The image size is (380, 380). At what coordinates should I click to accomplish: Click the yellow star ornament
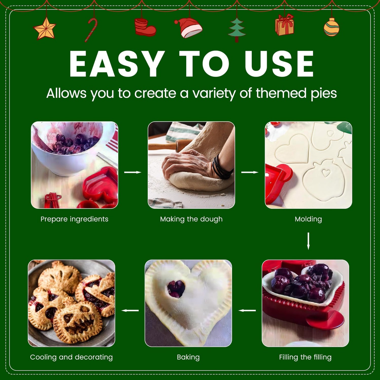(45, 29)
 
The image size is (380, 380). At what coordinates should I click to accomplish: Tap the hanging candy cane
(91, 30)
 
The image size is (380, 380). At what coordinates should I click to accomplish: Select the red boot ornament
(145, 27)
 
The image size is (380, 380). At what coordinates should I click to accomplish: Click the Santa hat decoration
(189, 28)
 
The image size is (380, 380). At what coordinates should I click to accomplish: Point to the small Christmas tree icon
(237, 30)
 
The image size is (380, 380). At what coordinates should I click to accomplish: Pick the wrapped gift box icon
(284, 25)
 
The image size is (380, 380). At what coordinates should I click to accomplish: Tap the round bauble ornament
(331, 27)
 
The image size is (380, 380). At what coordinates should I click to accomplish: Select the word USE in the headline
(279, 64)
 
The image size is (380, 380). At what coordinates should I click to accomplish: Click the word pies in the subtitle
(324, 93)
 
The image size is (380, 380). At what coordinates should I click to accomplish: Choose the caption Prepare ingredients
(74, 219)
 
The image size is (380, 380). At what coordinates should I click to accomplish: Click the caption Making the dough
(191, 219)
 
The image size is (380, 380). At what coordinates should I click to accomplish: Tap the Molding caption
(308, 219)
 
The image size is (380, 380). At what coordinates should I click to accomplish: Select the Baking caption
(188, 357)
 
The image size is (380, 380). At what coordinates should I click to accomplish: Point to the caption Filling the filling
(305, 357)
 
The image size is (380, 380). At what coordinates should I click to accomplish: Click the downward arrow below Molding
(308, 241)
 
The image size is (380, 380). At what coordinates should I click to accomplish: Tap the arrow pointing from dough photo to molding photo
(250, 172)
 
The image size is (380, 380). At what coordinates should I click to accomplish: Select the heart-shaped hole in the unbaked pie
(176, 289)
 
